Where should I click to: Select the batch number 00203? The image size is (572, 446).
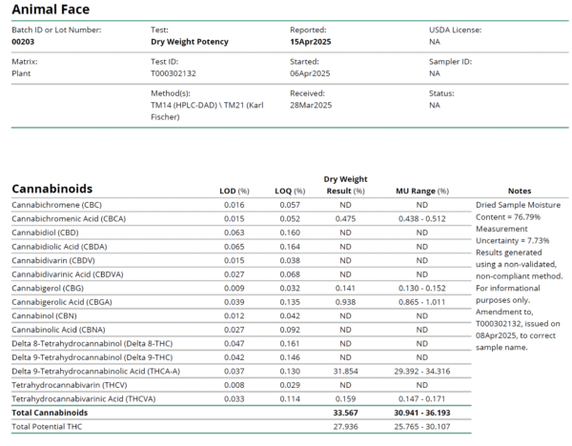coord(24,42)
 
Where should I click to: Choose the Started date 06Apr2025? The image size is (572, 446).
coord(310,72)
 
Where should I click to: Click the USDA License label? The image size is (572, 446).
coord(455,30)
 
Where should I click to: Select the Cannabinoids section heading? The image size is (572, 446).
coord(51,189)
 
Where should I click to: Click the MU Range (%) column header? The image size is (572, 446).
coord(421,192)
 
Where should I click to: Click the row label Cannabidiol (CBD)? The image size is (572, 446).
coord(45,233)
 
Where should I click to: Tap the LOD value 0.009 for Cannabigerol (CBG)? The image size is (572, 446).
coord(234,288)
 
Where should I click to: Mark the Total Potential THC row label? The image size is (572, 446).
coord(47,427)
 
